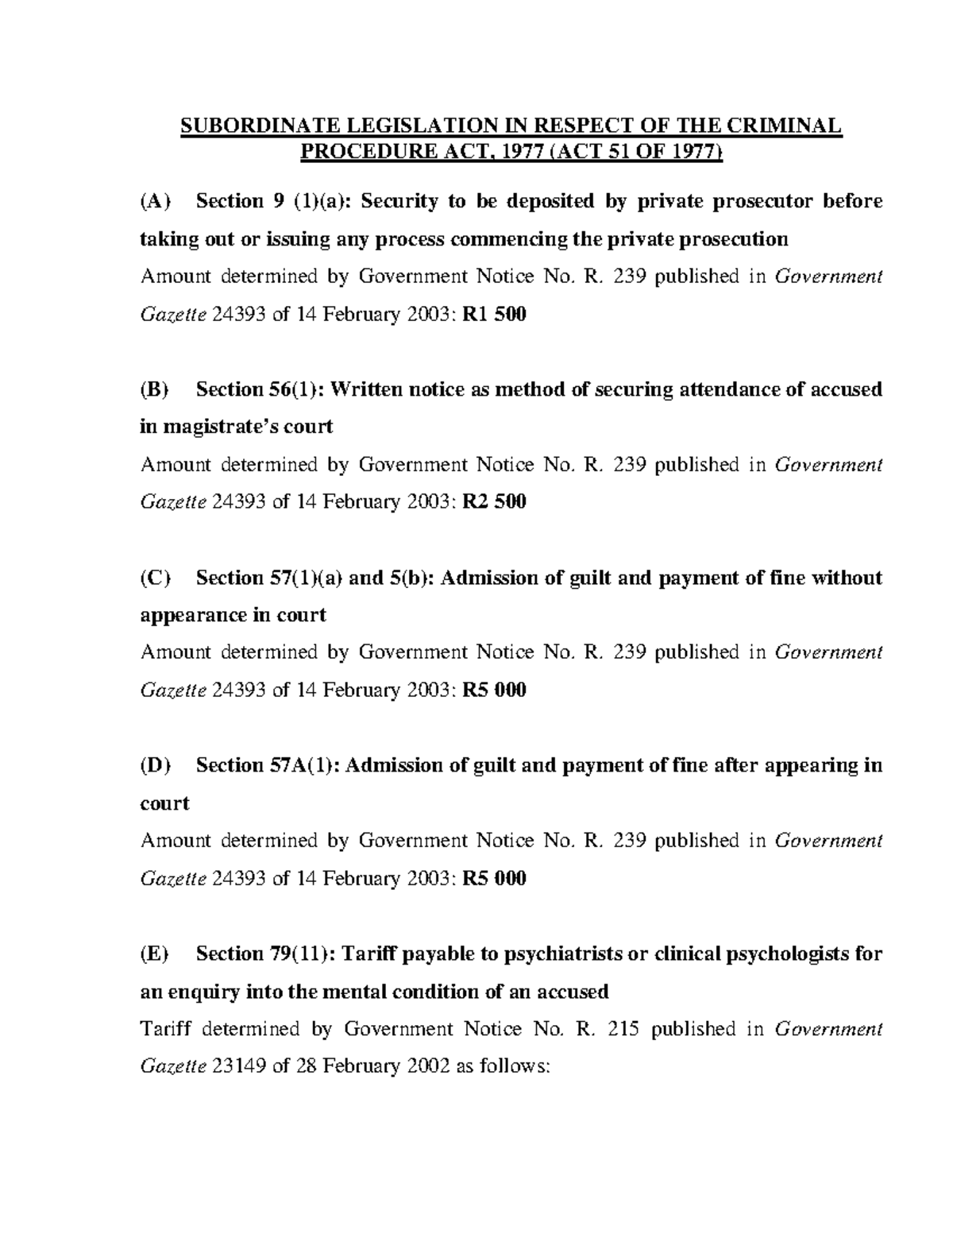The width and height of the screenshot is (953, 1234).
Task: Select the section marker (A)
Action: [156, 201]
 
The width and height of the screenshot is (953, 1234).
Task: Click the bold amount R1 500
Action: [494, 315]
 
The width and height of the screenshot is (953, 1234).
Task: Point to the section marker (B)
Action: [156, 389]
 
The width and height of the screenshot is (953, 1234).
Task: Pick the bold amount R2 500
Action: [494, 502]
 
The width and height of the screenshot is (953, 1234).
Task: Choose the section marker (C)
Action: [156, 578]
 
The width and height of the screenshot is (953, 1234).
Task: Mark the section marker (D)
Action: [156, 765]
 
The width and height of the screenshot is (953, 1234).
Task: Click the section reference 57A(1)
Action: [301, 765]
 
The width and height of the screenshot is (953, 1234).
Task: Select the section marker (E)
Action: [155, 954]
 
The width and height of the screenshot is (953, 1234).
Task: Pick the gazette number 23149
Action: [241, 1066]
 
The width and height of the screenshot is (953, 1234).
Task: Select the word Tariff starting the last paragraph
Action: [165, 1029]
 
